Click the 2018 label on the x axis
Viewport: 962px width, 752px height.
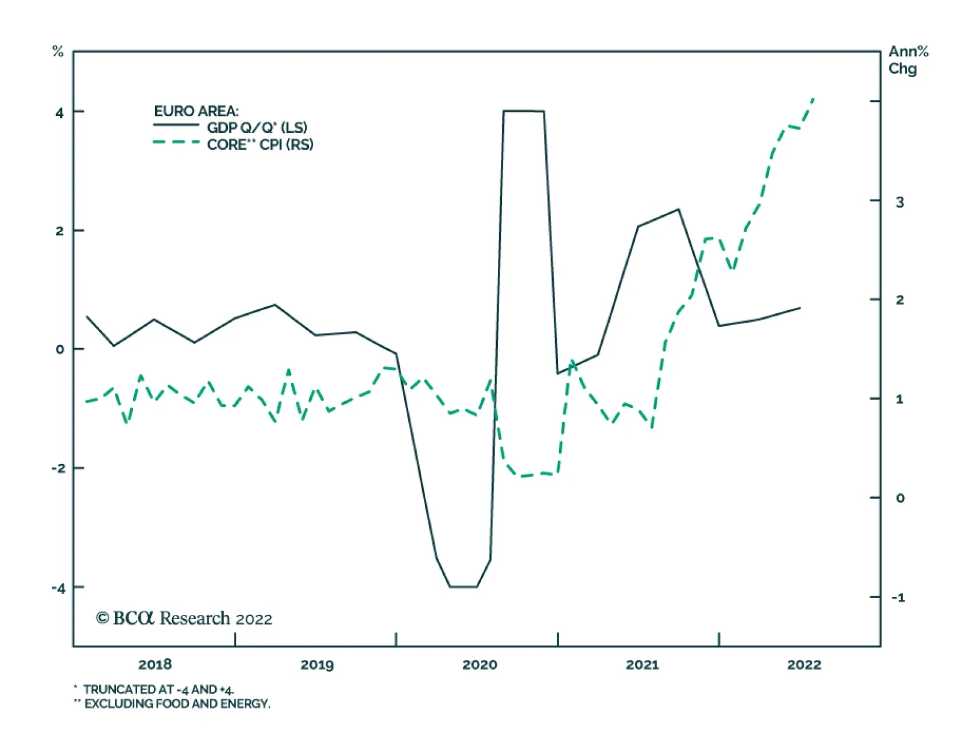pos(155,664)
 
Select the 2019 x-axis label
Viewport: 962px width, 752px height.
pos(317,664)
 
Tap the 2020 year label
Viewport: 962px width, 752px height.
pos(479,664)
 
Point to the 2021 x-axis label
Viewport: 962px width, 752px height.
pos(642,664)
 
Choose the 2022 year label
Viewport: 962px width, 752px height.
pos(804,664)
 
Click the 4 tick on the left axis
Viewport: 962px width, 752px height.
pos(59,112)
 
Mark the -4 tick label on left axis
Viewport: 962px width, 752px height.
pos(58,588)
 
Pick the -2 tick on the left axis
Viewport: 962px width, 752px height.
pos(58,469)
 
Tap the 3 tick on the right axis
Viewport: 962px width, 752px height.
pos(899,202)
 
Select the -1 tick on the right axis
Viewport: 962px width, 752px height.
pos(898,598)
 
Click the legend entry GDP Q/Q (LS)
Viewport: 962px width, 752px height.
pos(257,127)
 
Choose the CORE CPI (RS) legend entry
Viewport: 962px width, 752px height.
pos(260,144)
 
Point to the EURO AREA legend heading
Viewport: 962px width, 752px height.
pos(196,111)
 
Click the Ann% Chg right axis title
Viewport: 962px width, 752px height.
pos(907,60)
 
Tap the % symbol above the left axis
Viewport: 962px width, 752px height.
pos(58,52)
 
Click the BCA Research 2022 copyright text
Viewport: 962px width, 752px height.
pos(184,619)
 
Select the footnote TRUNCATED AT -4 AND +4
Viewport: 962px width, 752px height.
pos(158,689)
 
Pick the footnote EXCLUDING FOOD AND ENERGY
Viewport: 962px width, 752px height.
pos(177,704)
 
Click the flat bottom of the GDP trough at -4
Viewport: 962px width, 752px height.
pos(463,587)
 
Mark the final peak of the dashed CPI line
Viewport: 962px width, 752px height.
pos(813,98)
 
